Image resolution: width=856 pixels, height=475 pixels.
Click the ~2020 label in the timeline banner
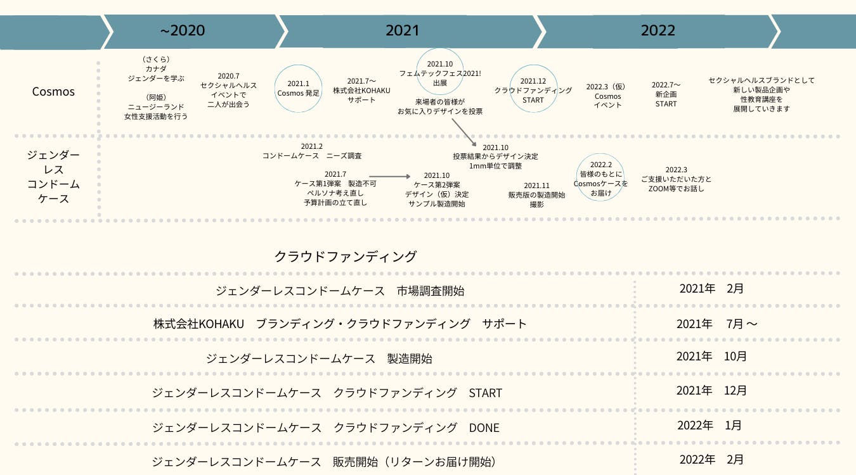coord(182,30)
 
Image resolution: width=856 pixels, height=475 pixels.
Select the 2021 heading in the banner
coord(402,30)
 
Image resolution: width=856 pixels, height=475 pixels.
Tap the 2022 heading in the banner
coord(658,30)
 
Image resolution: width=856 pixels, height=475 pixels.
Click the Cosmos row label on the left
coord(53,92)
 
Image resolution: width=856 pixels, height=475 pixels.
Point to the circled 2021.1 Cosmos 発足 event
coord(298,89)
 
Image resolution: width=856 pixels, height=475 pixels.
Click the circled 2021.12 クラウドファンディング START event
coord(533,89)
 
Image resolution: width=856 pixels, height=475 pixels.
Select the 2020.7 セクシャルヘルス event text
coord(228,90)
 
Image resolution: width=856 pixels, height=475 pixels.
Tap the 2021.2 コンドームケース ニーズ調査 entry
coord(312,151)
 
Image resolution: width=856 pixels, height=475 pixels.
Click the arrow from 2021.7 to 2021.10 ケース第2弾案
coord(389,177)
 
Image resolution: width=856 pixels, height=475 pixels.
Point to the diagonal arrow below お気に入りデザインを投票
coord(464,132)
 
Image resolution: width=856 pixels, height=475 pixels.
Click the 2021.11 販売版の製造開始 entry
coord(536,195)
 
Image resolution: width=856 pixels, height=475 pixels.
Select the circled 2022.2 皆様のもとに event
coord(600,177)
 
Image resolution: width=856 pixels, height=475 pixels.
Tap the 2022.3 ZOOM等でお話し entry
coord(676,179)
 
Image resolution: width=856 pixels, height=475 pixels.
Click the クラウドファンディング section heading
coord(345,256)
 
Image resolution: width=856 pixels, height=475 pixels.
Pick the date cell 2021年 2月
coord(711,289)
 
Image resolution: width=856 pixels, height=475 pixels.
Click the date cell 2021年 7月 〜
coord(717,324)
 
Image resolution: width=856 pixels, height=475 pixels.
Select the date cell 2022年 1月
coord(710,425)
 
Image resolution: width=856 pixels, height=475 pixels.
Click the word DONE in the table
coord(484,427)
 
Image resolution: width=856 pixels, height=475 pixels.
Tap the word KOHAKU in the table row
coord(221,324)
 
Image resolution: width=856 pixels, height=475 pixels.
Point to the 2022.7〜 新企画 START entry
coord(666,94)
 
